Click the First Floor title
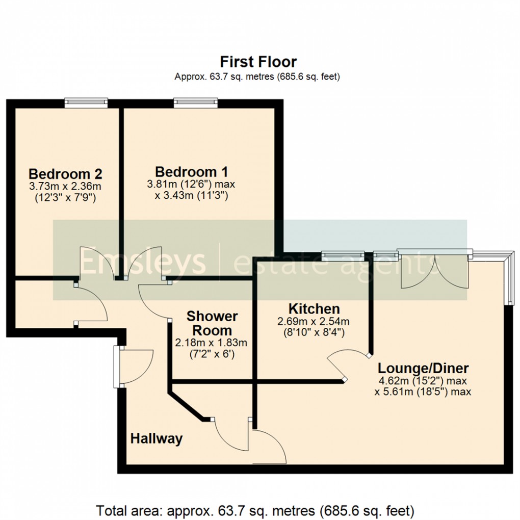pyautogui.click(x=258, y=62)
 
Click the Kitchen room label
pyautogui.click(x=314, y=309)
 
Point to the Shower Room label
pyautogui.click(x=212, y=323)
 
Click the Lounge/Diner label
pyautogui.click(x=423, y=368)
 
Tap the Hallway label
pyautogui.click(x=156, y=438)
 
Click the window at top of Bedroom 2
pyautogui.click(x=86, y=103)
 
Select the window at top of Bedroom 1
pyautogui.click(x=196, y=103)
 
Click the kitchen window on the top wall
pyautogui.click(x=343, y=255)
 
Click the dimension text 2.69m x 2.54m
pyautogui.click(x=313, y=322)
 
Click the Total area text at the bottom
pyautogui.click(x=255, y=510)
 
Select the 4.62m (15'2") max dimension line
pyautogui.click(x=423, y=380)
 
